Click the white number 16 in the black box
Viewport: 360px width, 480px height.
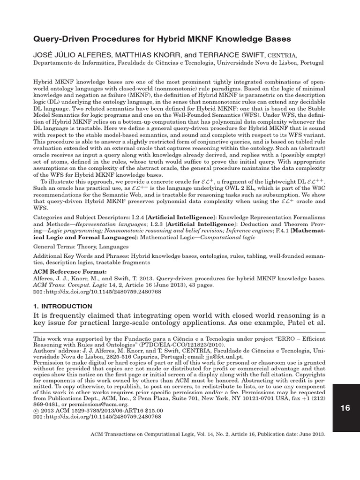pos(345,408)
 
